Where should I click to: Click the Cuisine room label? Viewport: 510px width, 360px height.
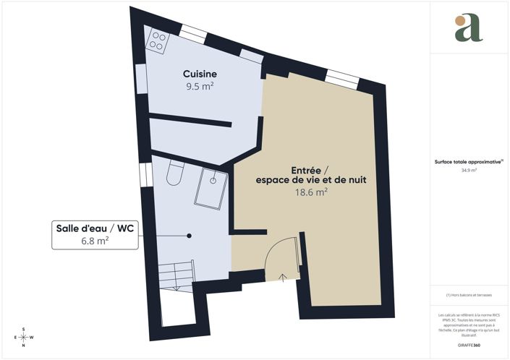pos(200,74)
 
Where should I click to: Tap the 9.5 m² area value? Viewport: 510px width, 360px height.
pos(200,86)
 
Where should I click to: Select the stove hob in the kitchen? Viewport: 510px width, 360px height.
pos(156,41)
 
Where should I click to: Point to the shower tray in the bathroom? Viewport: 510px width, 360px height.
pos(213,189)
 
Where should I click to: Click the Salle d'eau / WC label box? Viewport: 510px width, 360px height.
pos(95,235)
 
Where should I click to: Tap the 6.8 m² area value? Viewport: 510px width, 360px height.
pos(95,242)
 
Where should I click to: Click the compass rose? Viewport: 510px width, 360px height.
pos(24,337)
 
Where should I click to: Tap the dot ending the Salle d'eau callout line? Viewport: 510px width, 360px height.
pos(189,235)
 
